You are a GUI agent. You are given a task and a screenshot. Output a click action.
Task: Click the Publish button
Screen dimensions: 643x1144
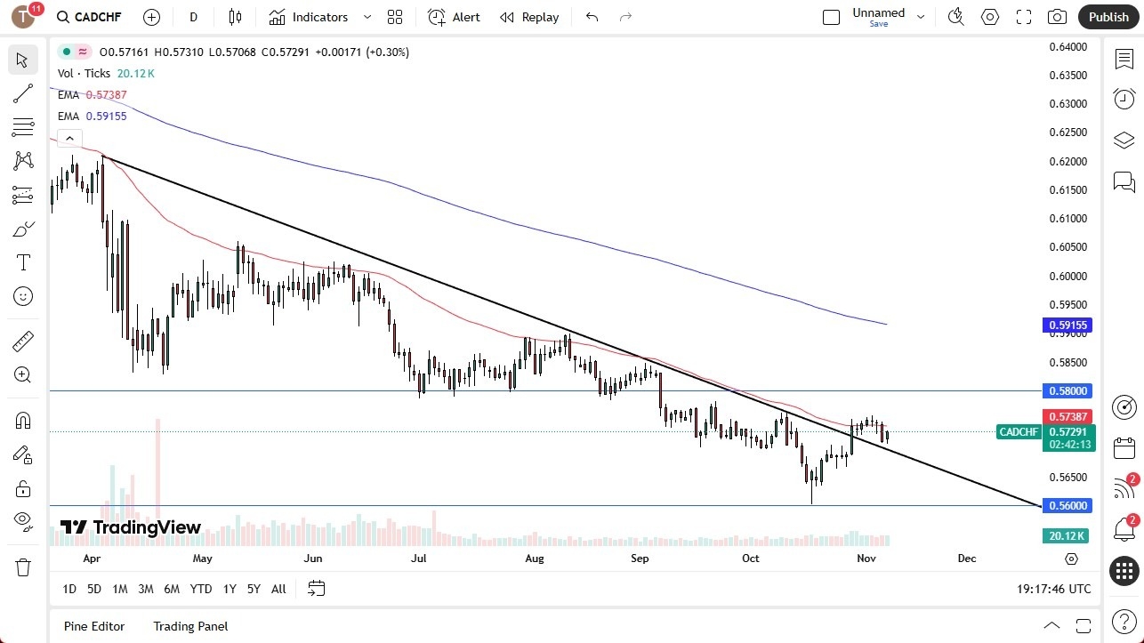[x=1108, y=17]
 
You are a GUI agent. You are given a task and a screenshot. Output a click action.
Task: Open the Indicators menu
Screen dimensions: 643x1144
[x=319, y=17]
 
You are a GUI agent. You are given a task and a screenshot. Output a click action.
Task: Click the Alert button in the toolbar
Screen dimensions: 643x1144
[x=454, y=17]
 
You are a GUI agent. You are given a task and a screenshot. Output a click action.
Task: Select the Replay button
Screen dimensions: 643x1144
[x=529, y=17]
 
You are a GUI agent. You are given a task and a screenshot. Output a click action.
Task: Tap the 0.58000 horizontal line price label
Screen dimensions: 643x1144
[x=1067, y=390]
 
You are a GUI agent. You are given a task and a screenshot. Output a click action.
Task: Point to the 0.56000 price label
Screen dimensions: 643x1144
[x=1067, y=505]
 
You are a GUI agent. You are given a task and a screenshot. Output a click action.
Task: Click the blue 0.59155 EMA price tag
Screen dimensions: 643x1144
[x=1067, y=326]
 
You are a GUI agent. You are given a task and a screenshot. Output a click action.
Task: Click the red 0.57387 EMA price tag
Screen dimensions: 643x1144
[x=1067, y=416]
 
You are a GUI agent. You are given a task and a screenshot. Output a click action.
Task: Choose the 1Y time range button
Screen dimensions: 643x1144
[x=230, y=589]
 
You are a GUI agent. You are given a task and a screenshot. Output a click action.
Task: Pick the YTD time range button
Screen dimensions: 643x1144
[x=201, y=589]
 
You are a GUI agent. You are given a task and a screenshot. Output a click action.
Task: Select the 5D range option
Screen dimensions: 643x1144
[x=94, y=589]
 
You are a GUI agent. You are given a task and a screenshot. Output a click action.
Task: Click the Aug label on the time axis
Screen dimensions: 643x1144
[x=534, y=559]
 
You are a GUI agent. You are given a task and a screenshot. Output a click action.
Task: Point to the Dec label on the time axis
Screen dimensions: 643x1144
[x=967, y=559]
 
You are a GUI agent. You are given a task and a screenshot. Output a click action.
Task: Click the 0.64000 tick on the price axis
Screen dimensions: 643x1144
[x=1067, y=47]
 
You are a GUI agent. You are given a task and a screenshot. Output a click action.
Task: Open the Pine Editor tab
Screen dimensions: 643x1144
[x=94, y=626]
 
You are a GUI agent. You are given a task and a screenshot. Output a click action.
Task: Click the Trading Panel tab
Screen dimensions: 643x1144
[x=190, y=626]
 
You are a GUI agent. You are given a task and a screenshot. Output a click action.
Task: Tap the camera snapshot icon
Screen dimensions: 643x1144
[x=1057, y=17]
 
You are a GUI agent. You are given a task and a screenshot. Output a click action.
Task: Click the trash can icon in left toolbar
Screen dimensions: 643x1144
[x=23, y=567]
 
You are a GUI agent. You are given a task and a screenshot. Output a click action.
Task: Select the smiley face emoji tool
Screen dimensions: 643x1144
[x=23, y=296]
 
